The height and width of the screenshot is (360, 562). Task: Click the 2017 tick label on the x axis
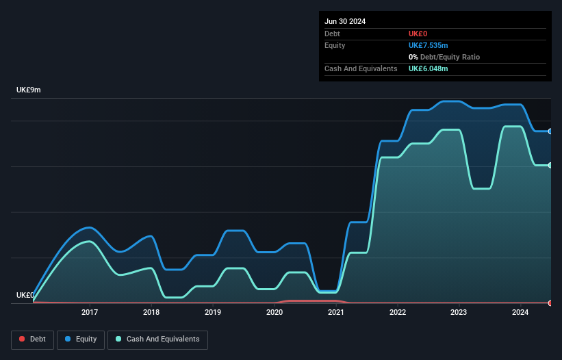89,313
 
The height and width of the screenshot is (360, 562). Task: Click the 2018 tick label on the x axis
151,313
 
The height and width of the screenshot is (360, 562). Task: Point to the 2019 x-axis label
213,313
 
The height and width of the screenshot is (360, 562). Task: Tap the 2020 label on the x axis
274,313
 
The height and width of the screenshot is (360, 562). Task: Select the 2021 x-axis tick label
336,313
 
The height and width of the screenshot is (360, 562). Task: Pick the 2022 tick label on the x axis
398,313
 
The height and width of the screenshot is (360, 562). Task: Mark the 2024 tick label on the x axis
520,313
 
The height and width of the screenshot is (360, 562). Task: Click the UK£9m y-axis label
29,90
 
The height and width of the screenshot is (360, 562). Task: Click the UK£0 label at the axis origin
25,295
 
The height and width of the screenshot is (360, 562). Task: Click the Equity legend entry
81,339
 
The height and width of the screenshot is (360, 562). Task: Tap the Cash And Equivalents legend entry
157,339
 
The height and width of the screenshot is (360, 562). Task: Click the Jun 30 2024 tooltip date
345,21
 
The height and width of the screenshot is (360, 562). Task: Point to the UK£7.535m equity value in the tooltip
428,45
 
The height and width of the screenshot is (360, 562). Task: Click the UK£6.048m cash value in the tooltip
428,68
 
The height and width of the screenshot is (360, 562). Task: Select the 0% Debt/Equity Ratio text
445,57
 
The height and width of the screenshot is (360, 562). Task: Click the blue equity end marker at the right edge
550,131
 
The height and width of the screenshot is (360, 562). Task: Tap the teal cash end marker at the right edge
550,165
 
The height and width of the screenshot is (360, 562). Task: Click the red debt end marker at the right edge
550,303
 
